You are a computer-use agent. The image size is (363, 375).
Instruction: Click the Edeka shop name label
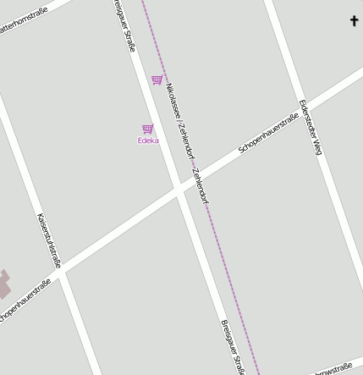point(148,141)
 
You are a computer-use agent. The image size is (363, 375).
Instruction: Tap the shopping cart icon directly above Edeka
point(148,129)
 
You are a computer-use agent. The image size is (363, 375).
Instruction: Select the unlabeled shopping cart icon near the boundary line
point(157,80)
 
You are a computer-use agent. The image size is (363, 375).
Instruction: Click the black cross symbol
point(355,20)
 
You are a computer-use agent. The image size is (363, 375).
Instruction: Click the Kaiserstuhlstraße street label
point(49,240)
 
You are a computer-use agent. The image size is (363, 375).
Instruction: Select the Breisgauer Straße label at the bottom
point(233,347)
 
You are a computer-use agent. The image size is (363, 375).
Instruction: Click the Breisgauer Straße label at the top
point(124,25)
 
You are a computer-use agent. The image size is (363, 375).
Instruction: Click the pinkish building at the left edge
point(4,284)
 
